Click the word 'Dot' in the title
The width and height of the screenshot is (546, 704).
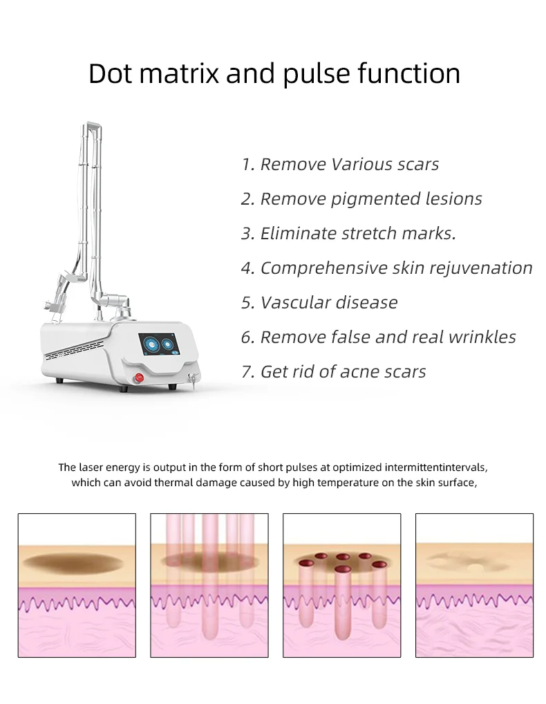(x=111, y=73)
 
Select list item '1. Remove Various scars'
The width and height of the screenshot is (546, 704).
(x=339, y=165)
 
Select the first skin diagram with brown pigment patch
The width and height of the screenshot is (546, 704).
(x=77, y=585)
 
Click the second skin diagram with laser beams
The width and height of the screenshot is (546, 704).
(x=209, y=585)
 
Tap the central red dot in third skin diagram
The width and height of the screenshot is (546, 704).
(x=342, y=569)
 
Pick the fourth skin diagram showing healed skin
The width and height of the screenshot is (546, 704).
(x=474, y=585)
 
